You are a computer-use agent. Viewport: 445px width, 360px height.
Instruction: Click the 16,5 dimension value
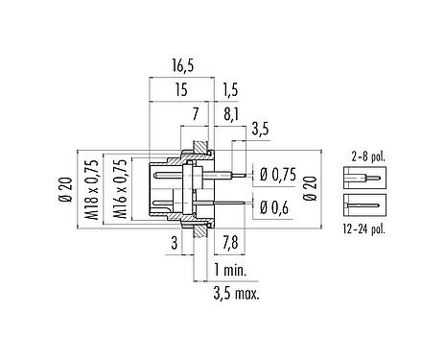181,67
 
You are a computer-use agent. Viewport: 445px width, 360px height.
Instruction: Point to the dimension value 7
196,115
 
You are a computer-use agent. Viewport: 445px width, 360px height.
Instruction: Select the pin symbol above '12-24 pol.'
362,204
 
